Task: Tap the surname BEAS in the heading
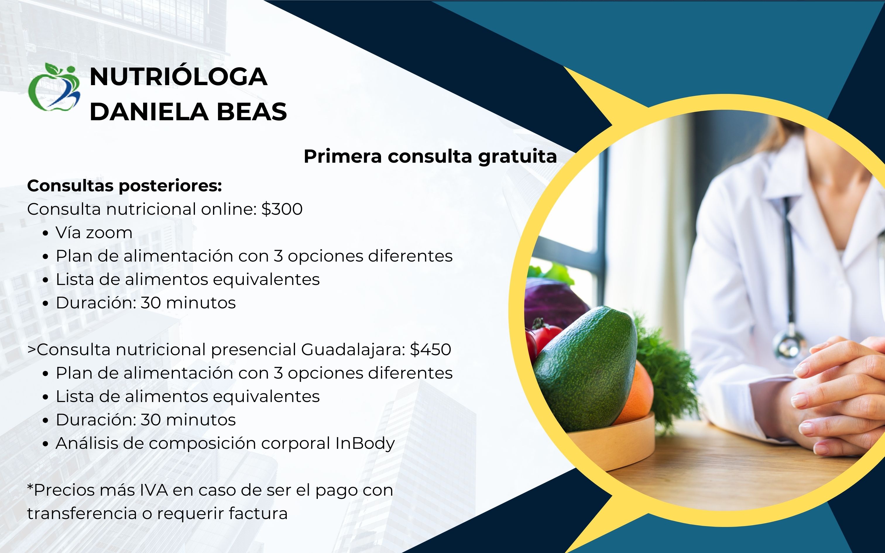tap(252, 111)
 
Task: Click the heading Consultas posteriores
tap(125, 186)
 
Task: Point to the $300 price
tap(282, 209)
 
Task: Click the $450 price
tap(431, 350)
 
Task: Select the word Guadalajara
tap(353, 350)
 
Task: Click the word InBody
tap(365, 444)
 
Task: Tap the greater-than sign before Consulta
tap(32, 350)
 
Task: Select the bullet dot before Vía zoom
tap(45, 233)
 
